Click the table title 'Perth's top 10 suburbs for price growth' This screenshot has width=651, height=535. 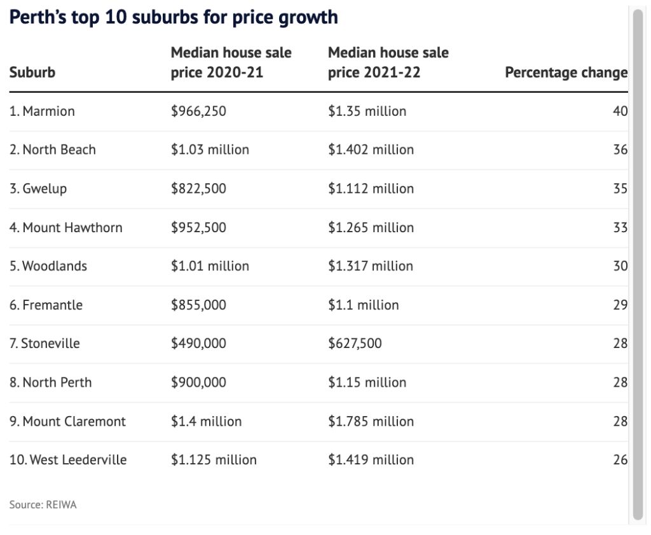[174, 17]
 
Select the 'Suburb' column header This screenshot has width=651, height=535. [32, 73]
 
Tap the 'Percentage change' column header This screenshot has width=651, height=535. [566, 73]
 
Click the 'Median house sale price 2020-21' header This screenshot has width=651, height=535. [231, 62]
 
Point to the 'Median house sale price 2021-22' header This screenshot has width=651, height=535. [388, 62]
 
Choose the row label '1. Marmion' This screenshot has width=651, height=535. [42, 111]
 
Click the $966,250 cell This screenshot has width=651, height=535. [198, 111]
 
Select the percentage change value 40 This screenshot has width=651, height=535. [620, 111]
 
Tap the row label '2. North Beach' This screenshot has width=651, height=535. [53, 150]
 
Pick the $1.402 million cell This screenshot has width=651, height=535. [371, 150]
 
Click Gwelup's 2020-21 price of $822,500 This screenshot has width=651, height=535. [198, 189]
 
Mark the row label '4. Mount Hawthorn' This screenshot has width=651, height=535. [66, 228]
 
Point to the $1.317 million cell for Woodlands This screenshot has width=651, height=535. [370, 266]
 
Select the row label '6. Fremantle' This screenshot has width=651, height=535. [46, 305]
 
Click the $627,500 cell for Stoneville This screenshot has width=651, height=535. [355, 344]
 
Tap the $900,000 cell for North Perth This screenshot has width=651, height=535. [198, 382]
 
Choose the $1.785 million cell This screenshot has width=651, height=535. [371, 421]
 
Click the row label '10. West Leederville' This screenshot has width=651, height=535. [68, 460]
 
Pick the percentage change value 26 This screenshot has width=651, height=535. [620, 460]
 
